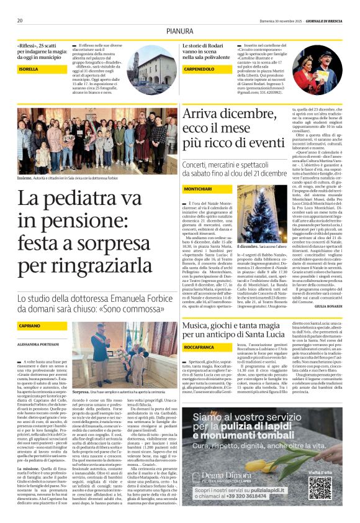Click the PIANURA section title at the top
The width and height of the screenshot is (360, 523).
point(179,30)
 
